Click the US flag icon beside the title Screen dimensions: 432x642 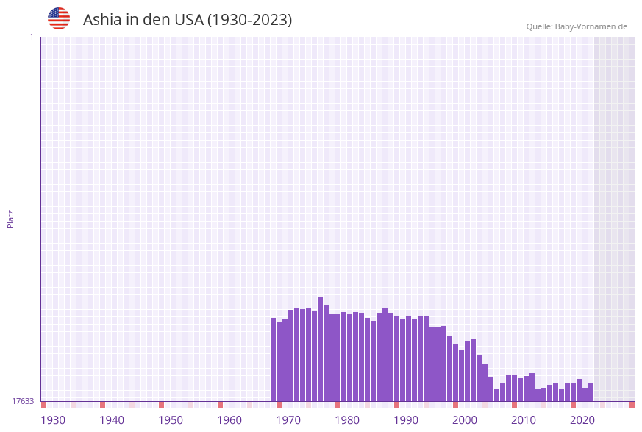coord(59,18)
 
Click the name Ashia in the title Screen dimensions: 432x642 coord(101,20)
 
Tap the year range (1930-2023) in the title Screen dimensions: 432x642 coord(249,20)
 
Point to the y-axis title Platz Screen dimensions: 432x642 coord(11,219)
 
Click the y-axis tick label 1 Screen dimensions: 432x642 coord(31,37)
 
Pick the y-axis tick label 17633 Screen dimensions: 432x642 coord(23,401)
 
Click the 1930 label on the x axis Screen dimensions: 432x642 coord(53,420)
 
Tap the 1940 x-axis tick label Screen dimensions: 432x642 coord(112,420)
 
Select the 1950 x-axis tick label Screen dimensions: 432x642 coord(171,420)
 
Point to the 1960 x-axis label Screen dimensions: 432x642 coord(229,420)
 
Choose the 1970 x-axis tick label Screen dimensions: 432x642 coord(288,420)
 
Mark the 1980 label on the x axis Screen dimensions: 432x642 coord(347,420)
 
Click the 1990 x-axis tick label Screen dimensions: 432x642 coord(406,420)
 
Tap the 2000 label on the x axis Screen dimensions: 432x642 coord(465,420)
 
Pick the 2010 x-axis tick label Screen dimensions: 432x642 coord(524,420)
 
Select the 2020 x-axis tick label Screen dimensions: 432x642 coord(582,420)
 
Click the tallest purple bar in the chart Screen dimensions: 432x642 coord(320,349)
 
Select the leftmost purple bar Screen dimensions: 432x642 coord(273,359)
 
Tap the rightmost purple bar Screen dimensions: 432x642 coord(591,392)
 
